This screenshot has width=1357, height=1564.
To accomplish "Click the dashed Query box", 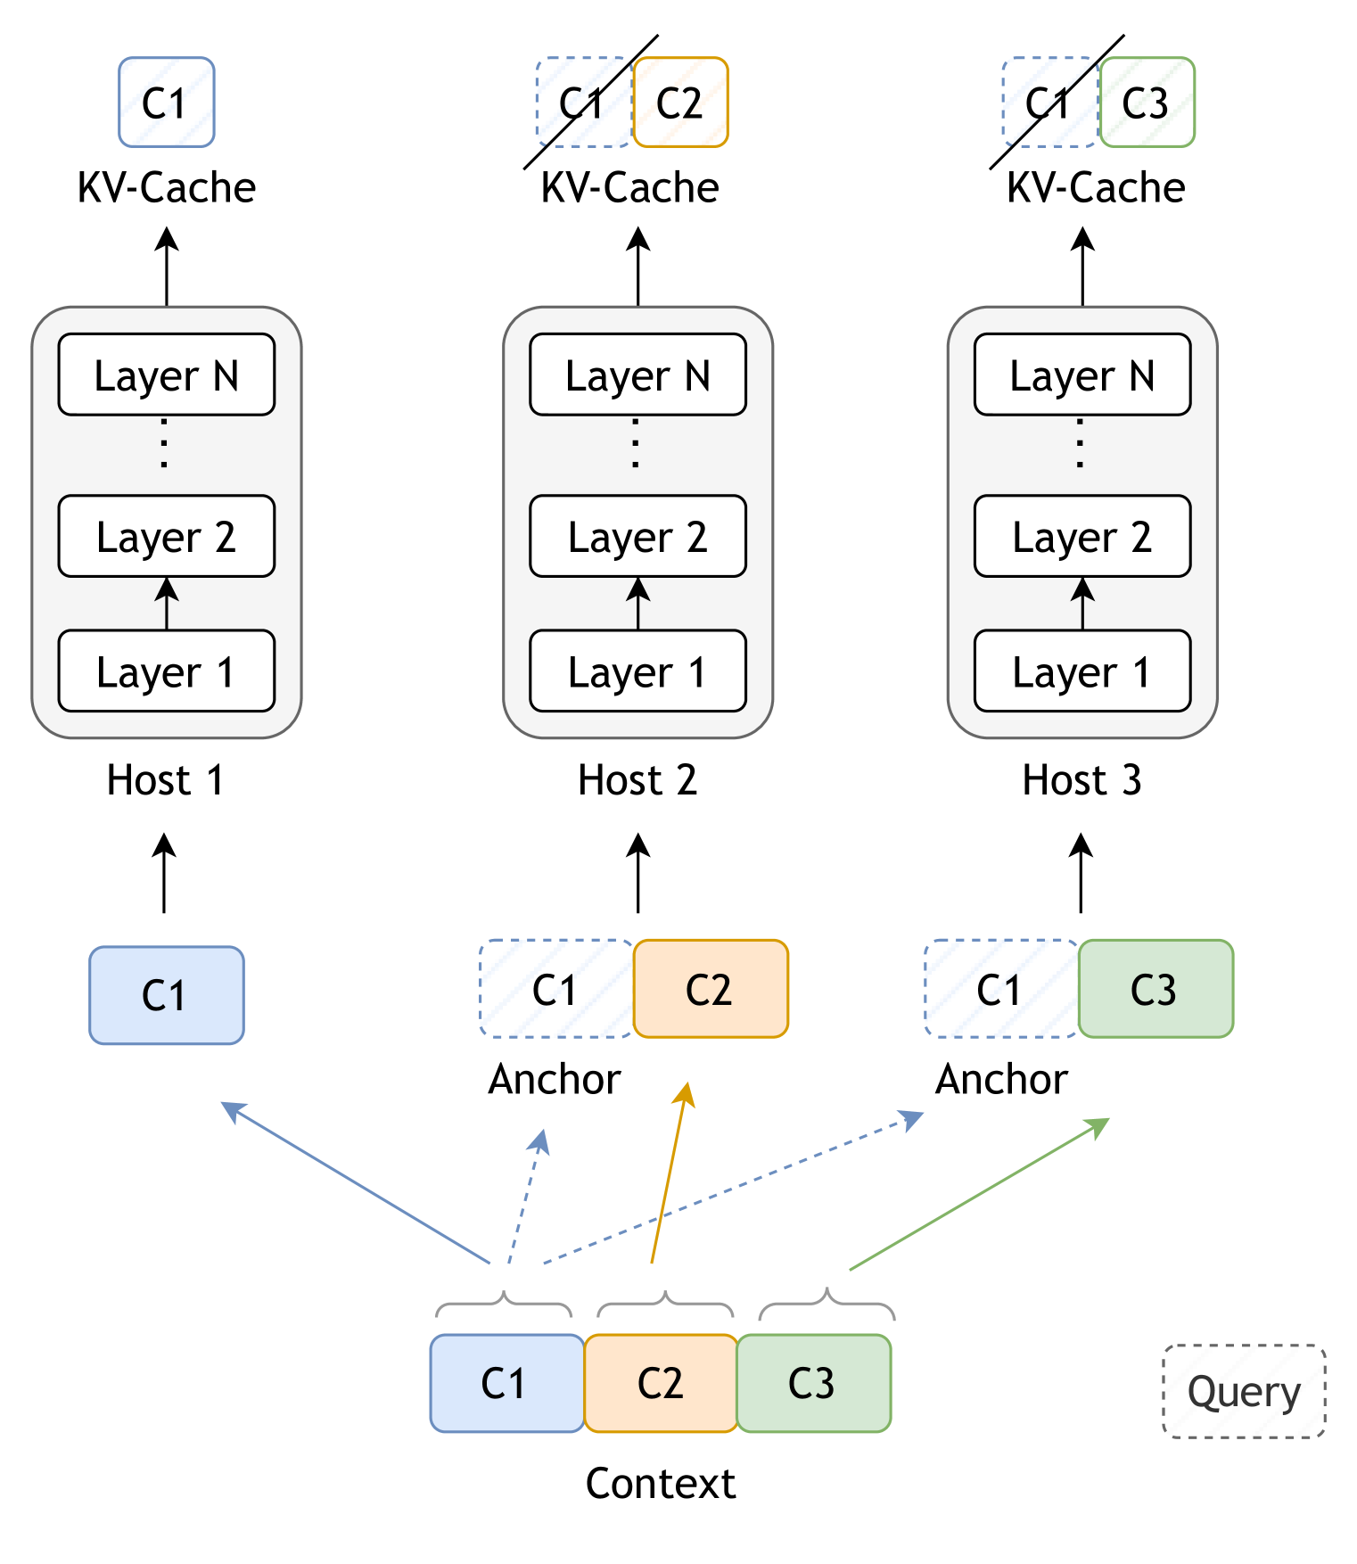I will coord(1244,1390).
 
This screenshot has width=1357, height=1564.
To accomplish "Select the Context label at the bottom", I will coord(661,1484).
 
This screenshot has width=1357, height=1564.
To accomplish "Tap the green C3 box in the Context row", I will coord(813,1383).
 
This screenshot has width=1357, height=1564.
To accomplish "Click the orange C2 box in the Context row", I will coord(661,1383).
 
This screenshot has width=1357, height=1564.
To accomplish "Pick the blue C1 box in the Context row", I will coord(506,1383).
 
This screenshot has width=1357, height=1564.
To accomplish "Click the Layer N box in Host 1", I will coord(166,375).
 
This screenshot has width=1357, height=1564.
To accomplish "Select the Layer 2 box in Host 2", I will coord(637,536).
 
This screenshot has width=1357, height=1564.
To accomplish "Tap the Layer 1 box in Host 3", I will coord(1081,671).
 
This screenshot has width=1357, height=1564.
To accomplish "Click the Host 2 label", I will coord(637,780).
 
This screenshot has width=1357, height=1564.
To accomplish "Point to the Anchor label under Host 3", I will coord(1000,1079).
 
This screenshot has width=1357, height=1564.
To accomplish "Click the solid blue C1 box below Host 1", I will coord(166,994).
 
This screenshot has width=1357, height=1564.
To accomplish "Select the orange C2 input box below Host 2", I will coord(711,988).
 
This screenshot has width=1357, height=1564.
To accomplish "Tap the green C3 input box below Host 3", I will coord(1156,988).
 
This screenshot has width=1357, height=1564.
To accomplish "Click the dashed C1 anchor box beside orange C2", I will coord(555,988).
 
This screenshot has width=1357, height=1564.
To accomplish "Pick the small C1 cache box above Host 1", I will coord(166,103).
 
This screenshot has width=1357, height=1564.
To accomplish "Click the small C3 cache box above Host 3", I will coord(1147,103).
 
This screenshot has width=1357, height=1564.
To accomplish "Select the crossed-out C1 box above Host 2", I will coord(583,103).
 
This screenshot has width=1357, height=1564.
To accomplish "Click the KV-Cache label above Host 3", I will coord(1095,187).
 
